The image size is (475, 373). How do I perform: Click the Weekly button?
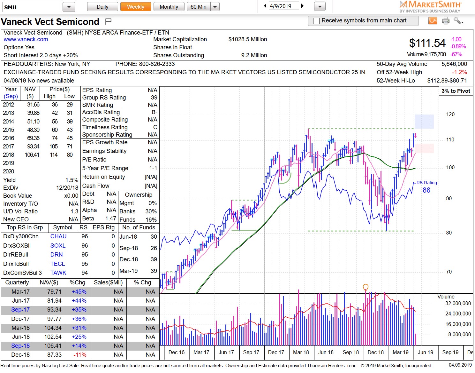[135, 7]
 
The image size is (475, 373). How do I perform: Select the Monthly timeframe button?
[169, 7]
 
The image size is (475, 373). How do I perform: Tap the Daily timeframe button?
[102, 7]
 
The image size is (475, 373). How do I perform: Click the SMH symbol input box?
[31, 7]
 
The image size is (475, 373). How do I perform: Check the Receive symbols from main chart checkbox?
[316, 21]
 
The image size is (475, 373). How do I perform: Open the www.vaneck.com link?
[26, 39]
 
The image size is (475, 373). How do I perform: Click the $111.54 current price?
[427, 43]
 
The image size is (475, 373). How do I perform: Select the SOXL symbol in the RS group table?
[58, 246]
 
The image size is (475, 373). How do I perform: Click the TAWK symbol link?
[58, 273]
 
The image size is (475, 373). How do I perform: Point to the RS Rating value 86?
[426, 190]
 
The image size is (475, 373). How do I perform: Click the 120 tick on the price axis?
[450, 115]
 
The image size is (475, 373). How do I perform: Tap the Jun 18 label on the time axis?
[326, 352]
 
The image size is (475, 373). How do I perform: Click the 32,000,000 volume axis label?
[458, 303]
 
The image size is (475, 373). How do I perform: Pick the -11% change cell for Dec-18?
[79, 355]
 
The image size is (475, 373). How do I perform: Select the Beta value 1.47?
[110, 218]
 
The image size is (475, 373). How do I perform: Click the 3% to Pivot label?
[456, 91]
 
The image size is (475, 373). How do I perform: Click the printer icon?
[446, 21]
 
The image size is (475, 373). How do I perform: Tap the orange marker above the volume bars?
[366, 287]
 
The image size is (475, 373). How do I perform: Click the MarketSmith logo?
[430, 6]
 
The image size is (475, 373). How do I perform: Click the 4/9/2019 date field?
[283, 6]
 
